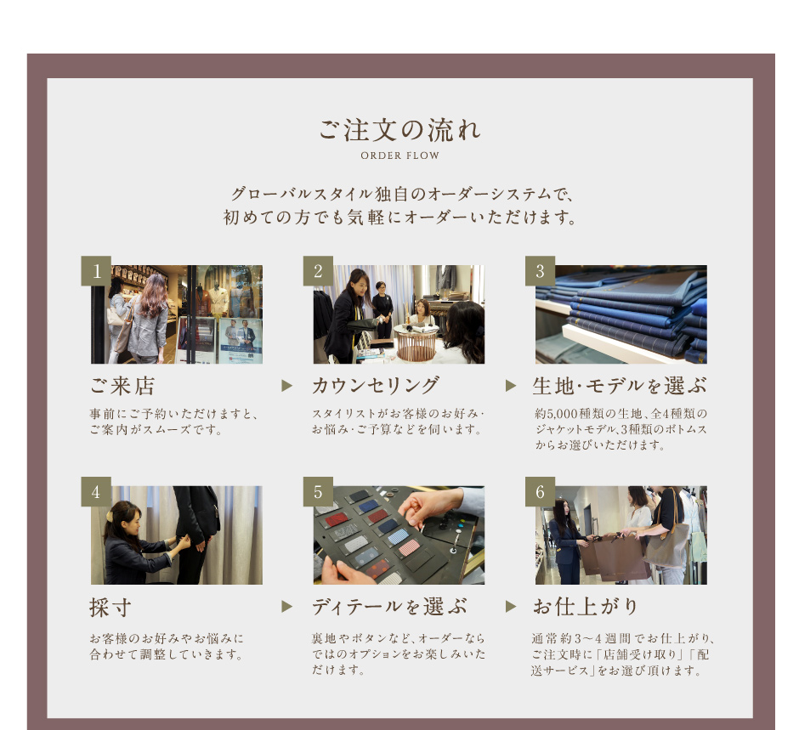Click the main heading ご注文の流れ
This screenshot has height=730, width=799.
coord(400,129)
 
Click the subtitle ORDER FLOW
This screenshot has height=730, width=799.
coord(400,156)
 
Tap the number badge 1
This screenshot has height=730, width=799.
coord(96,270)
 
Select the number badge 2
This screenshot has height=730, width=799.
coord(318,270)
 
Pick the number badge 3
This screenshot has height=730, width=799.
coord(540,270)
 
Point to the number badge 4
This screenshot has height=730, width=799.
coord(96,491)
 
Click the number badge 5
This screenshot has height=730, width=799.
coord(318,491)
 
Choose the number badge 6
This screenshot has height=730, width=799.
coord(540,491)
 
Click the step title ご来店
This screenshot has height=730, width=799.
coord(122,386)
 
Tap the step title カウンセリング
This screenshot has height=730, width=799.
coord(376,386)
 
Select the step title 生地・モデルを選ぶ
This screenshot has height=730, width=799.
coord(620,386)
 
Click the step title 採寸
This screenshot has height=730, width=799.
coord(110,608)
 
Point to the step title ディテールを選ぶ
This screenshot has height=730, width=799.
coord(389,607)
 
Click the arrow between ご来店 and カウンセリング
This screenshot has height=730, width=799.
coord(287,386)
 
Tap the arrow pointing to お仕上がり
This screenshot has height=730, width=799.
coord(511,606)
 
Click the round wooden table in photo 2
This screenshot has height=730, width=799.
coord(416,342)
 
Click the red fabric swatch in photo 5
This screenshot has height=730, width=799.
coord(337,520)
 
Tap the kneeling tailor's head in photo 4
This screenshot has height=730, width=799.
coord(122,517)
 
